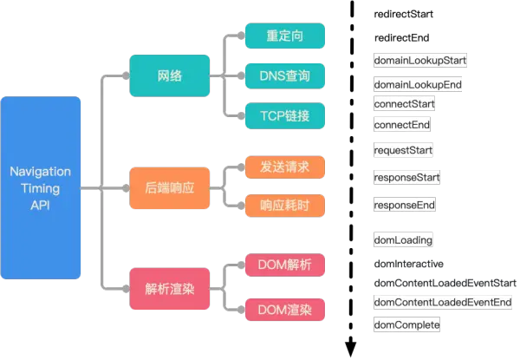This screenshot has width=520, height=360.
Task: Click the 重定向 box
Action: [284, 36]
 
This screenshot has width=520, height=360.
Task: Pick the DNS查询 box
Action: [284, 76]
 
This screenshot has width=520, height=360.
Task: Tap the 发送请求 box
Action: [284, 166]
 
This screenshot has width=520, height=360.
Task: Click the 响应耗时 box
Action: [284, 206]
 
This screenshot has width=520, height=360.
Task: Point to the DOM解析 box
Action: [284, 264]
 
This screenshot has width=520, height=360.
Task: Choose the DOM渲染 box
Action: [284, 308]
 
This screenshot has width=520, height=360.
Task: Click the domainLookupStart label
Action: [420, 60]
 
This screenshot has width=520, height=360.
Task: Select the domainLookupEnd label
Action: [417, 85]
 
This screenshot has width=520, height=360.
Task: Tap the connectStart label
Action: [403, 104]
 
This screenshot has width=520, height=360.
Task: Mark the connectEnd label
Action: [400, 125]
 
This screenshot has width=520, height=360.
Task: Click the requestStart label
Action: [402, 150]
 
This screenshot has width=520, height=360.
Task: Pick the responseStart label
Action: [406, 177]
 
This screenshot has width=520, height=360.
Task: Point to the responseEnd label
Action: [403, 206]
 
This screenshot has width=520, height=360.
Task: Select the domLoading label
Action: [403, 239]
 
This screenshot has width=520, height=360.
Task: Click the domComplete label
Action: [406, 324]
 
